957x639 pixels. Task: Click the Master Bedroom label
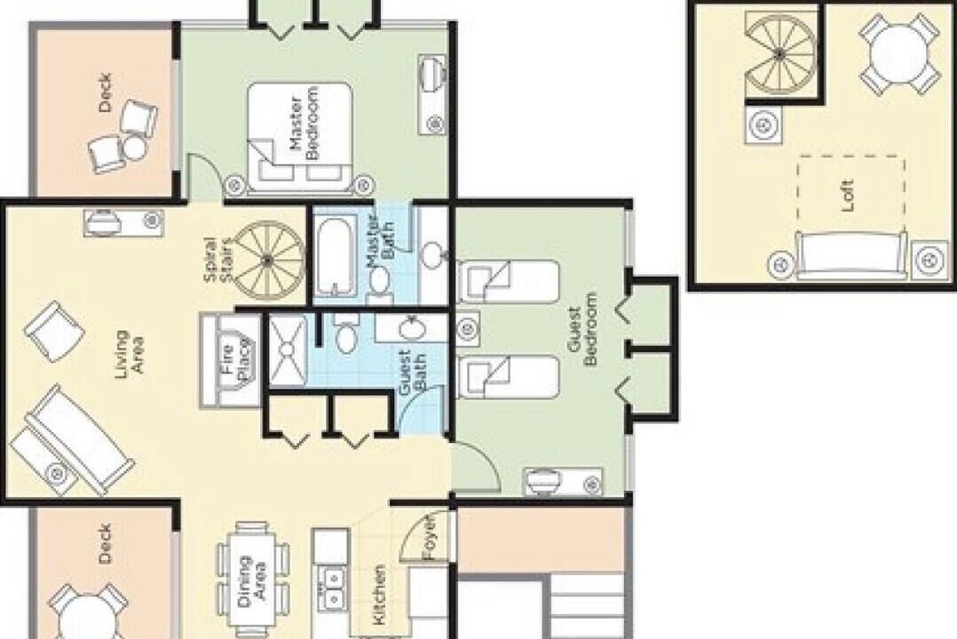point(304,123)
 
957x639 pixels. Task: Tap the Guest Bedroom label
point(582,329)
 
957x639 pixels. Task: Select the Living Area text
point(130,353)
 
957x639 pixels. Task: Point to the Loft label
point(847,195)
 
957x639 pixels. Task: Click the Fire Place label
point(235,362)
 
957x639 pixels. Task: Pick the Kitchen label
point(379,595)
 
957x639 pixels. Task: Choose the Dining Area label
point(251,580)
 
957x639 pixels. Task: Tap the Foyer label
point(430,539)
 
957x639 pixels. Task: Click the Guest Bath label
point(412,372)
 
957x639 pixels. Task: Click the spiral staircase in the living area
point(268,259)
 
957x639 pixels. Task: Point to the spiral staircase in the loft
point(779,54)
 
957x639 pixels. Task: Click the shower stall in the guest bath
point(288,351)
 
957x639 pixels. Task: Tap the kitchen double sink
point(331,587)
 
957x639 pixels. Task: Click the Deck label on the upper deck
point(105,93)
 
